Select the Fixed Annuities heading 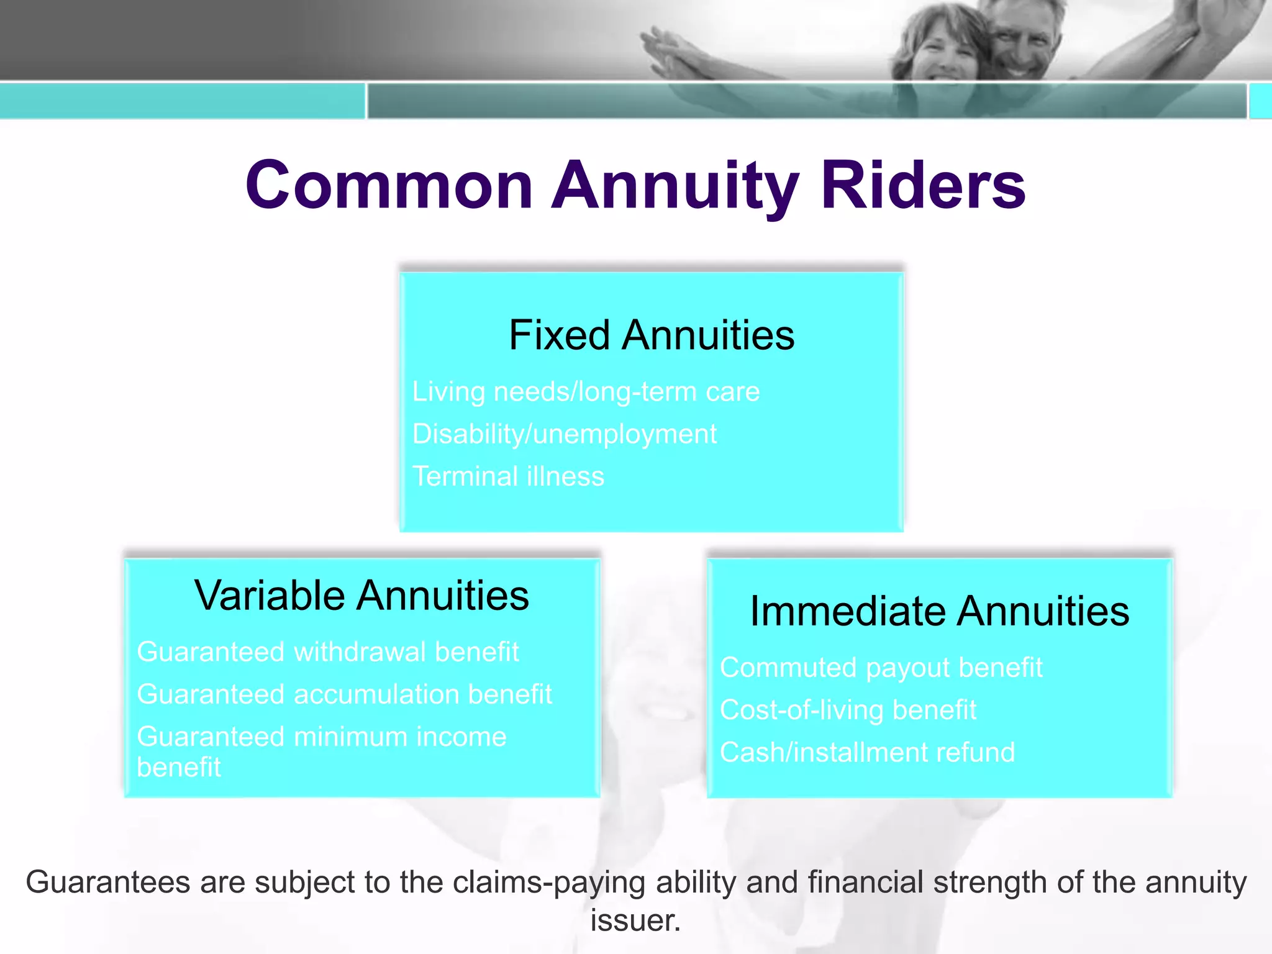[x=651, y=335]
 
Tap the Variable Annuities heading [x=361, y=596]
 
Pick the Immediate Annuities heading [x=939, y=611]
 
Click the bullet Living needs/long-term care [x=586, y=392]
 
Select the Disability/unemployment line [x=564, y=434]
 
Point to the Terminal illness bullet [x=508, y=476]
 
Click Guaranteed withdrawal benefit [x=327, y=652]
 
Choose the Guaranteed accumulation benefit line [x=344, y=694]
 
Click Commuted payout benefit [x=881, y=668]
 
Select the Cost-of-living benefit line [x=848, y=710]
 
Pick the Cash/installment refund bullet [x=867, y=752]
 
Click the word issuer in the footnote [x=635, y=920]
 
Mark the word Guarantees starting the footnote [x=107, y=883]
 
